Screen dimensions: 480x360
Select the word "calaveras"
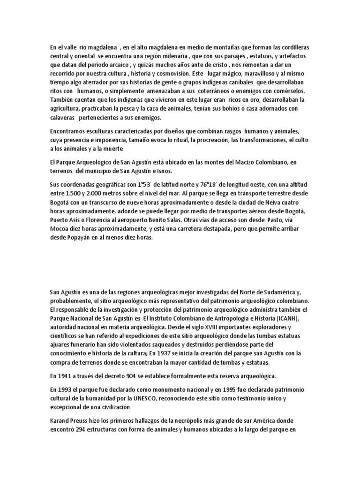[64, 118]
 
